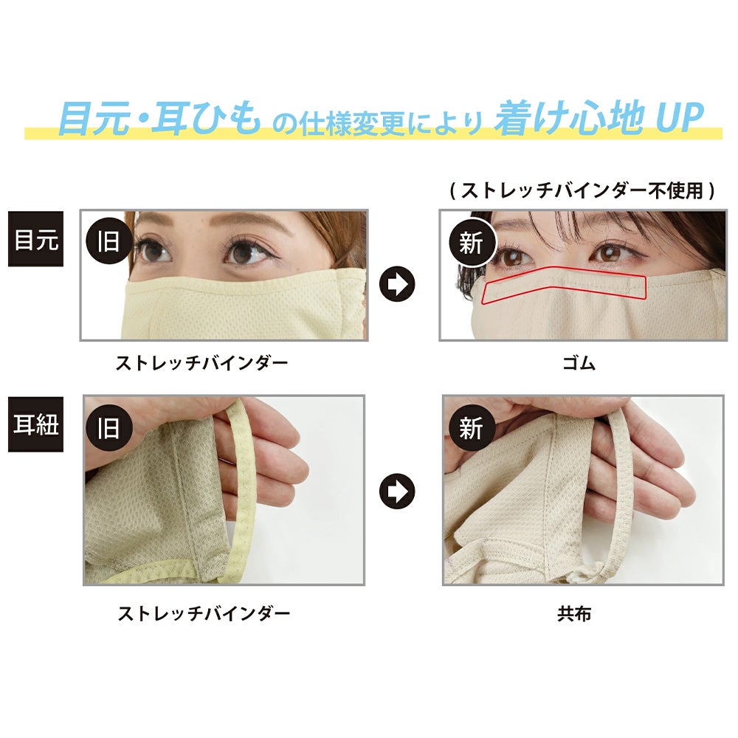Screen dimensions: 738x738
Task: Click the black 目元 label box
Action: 35,239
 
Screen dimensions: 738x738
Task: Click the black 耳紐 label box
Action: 35,424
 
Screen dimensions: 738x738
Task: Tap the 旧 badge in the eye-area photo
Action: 108,241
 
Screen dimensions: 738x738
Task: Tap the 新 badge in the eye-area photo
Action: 472,242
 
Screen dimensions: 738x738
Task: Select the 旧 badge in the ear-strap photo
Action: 108,427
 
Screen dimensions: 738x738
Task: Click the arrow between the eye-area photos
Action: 397,284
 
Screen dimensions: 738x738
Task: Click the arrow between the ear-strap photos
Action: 397,491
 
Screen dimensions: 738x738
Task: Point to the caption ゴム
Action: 579,363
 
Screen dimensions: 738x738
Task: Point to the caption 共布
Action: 574,614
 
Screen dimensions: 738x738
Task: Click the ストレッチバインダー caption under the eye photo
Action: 201,363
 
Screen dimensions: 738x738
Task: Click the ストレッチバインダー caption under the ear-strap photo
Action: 204,613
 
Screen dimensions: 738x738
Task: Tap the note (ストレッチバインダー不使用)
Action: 582,190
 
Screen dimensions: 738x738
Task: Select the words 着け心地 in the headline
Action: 569,117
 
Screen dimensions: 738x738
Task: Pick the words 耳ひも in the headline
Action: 208,118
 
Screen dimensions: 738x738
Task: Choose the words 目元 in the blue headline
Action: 94,118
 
